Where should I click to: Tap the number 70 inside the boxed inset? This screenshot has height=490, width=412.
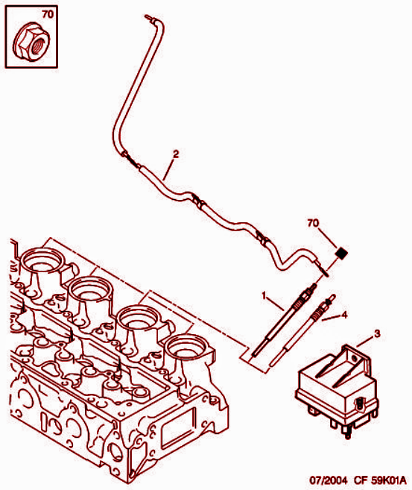point(48,14)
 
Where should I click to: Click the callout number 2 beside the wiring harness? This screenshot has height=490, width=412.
point(176,154)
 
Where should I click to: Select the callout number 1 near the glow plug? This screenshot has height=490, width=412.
point(264,295)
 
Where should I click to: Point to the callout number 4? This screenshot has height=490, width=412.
point(344,315)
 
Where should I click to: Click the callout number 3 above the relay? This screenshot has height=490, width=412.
point(377,333)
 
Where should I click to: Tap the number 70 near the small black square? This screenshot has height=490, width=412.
point(313,223)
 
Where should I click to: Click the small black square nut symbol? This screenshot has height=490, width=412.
point(341,253)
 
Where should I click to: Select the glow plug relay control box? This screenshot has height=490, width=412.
point(337,391)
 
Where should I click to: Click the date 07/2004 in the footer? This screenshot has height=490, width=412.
point(328,480)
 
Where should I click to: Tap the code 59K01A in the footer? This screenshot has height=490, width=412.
point(389,480)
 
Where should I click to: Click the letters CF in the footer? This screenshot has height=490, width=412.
point(361,480)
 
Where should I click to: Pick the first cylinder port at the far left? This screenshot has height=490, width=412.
point(42,261)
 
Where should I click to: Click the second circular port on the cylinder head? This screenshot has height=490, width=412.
point(90,291)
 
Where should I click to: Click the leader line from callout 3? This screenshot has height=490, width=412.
point(364,342)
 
